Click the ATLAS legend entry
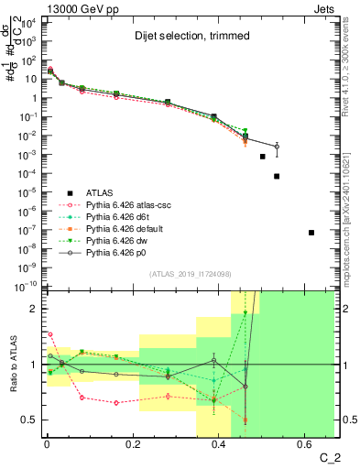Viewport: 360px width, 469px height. click(x=100, y=192)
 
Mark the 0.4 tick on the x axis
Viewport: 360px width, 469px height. click(x=219, y=446)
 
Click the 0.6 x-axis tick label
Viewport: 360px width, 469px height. click(x=305, y=446)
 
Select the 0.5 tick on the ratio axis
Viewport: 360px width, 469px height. click(x=27, y=420)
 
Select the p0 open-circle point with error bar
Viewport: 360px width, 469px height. click(x=277, y=147)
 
